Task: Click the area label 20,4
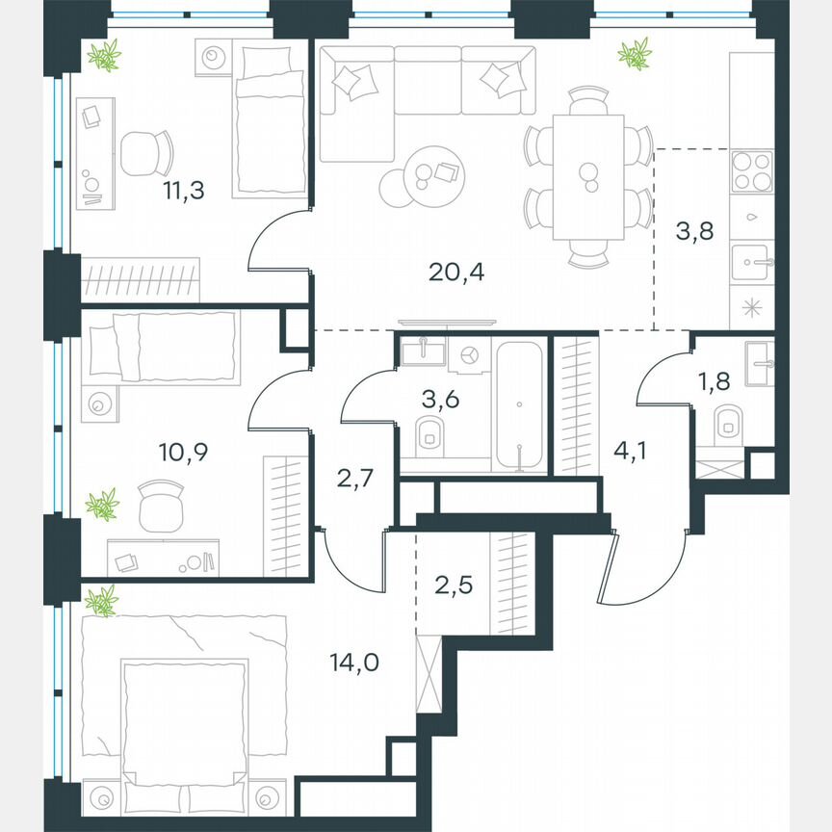click(457, 273)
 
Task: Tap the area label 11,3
click(182, 190)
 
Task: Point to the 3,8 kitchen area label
click(694, 231)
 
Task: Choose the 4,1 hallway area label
click(630, 448)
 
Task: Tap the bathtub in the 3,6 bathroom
click(519, 405)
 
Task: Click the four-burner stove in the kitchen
click(751, 174)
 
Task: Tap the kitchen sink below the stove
click(751, 261)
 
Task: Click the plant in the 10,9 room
click(102, 504)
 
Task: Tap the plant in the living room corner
click(635, 54)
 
